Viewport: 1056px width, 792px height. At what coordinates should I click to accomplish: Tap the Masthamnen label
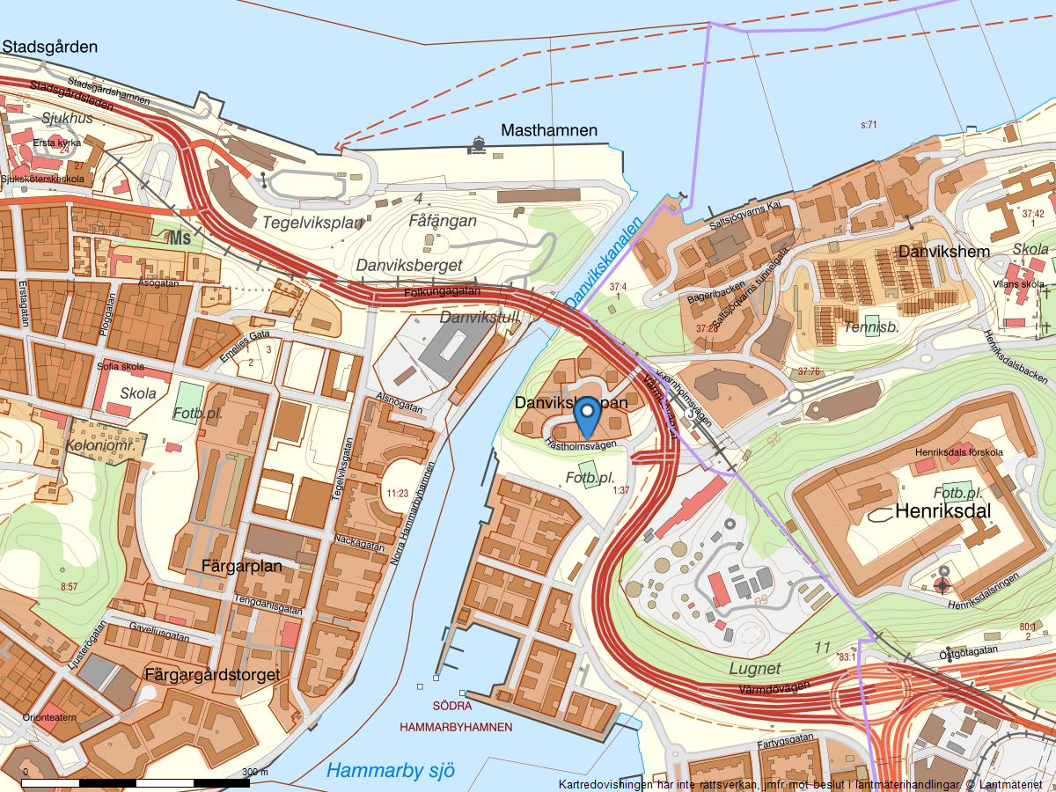[x=548, y=131]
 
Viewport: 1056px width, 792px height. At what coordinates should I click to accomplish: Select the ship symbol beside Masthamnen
[x=478, y=143]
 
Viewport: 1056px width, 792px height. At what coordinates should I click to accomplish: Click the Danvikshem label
[x=944, y=252]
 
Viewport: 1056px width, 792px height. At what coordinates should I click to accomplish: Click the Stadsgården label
[x=49, y=47]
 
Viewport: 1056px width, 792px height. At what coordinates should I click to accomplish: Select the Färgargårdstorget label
[x=210, y=675]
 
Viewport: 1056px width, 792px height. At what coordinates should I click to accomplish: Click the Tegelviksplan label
[x=312, y=224]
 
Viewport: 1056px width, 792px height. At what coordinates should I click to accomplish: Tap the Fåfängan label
[x=443, y=221]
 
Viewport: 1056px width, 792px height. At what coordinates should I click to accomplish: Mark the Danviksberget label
[x=408, y=264]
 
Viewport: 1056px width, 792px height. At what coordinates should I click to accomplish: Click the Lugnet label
[x=754, y=668]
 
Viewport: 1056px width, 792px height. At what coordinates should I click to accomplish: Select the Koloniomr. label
[x=99, y=446]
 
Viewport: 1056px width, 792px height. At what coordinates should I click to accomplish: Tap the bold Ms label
[x=180, y=238]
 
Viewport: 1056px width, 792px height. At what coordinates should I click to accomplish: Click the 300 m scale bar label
[x=255, y=772]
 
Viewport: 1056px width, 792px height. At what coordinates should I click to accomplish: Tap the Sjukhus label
[x=67, y=117]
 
